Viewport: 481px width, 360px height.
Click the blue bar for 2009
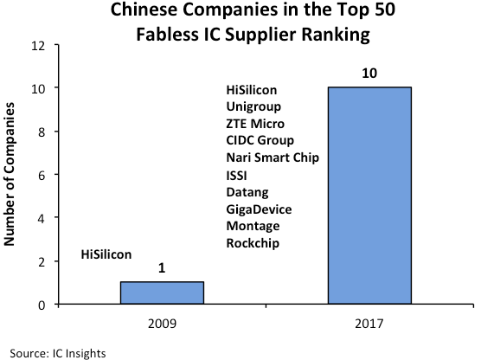coord(162,292)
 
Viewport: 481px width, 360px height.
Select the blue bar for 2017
coord(369,196)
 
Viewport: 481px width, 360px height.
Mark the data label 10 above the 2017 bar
coord(369,75)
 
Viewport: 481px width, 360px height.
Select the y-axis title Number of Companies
coord(12,175)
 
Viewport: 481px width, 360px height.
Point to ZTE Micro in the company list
coord(253,124)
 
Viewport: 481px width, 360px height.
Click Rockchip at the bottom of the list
coord(252,242)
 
